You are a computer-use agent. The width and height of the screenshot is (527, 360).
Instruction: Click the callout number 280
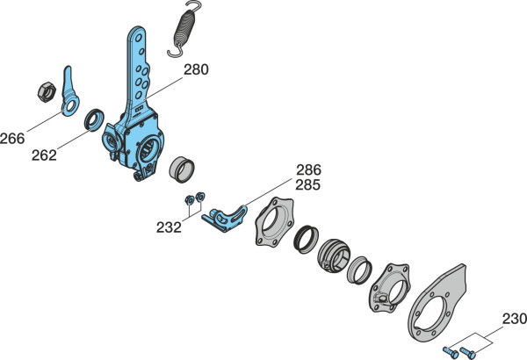coord(196,69)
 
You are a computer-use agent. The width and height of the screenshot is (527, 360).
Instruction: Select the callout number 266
coord(12,139)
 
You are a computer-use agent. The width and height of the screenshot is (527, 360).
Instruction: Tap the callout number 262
coord(44,155)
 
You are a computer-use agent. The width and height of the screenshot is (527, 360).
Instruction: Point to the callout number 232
coord(169,227)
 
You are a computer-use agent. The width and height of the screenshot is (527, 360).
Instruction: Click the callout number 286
coord(308,170)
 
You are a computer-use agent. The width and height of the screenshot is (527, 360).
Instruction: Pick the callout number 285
coord(308,185)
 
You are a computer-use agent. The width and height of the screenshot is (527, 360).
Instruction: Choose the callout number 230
coord(515,319)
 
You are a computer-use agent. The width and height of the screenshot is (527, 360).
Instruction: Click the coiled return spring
coord(184,29)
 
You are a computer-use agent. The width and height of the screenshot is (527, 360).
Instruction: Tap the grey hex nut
coord(47,91)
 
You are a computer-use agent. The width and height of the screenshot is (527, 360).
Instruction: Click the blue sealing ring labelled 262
coord(94,120)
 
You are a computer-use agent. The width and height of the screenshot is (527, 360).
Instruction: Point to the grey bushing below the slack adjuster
coord(182,169)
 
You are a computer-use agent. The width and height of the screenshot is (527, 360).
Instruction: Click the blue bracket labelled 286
coord(225,219)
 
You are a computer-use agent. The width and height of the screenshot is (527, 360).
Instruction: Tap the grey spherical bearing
coord(334,256)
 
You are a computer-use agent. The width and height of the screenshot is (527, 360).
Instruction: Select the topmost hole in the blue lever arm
coord(138,38)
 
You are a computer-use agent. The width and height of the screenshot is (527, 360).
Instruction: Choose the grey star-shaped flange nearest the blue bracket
coord(274,222)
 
